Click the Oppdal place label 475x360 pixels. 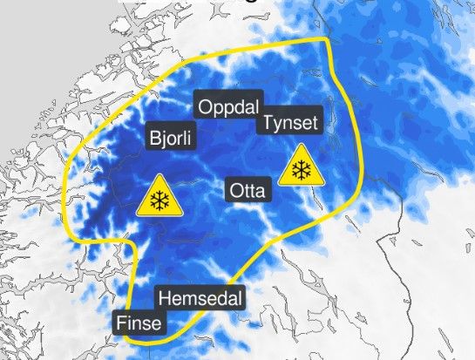coord(230,108)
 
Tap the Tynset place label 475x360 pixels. coord(289,122)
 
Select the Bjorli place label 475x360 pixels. coord(173,139)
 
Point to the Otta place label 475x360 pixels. coord(248,190)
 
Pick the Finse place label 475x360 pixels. coord(139,323)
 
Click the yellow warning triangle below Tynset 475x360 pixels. coord(302,167)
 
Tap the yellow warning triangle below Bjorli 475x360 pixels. coord(159,198)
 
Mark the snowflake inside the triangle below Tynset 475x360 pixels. coord(302,171)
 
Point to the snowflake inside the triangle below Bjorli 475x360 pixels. coord(159,202)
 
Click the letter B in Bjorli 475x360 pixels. coord(155,138)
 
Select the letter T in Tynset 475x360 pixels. coord(265,122)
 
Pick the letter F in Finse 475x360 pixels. coord(121,323)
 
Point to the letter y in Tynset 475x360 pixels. coord(276,124)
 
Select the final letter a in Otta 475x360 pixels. coord(265,191)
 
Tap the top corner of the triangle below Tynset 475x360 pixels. coord(302,146)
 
